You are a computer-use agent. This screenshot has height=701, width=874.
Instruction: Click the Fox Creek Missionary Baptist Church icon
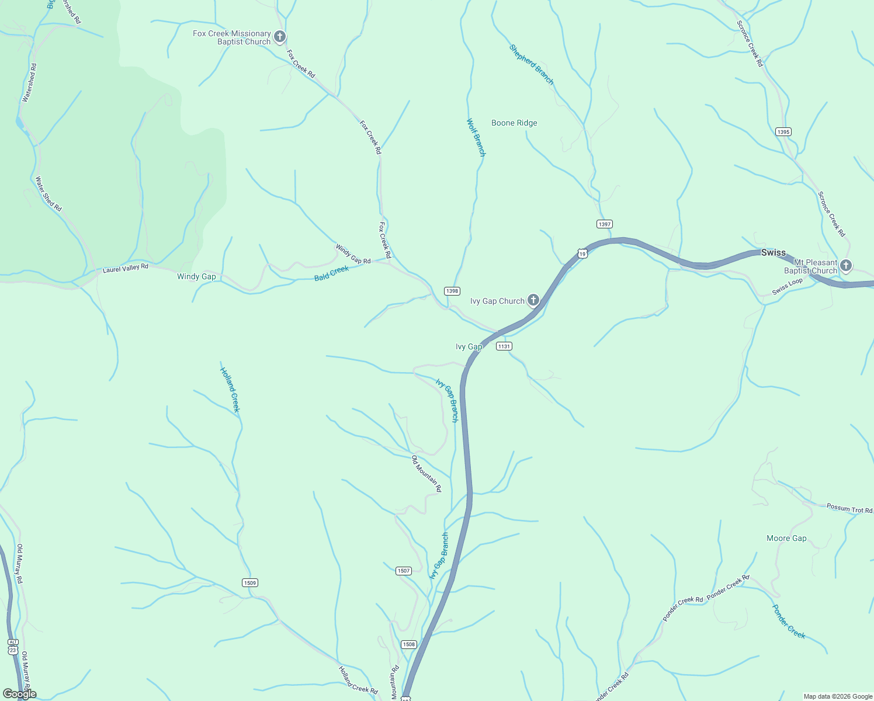[x=280, y=37]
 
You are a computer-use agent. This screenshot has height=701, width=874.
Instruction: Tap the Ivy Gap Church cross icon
[x=533, y=301]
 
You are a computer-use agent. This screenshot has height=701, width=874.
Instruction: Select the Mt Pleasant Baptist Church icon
[x=845, y=266]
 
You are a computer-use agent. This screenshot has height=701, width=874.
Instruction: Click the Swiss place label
[x=773, y=252]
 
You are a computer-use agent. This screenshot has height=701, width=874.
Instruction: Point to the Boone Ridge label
[x=514, y=123]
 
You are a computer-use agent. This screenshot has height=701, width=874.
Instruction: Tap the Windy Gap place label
[x=196, y=276]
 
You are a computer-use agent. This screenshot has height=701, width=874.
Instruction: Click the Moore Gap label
[x=786, y=538]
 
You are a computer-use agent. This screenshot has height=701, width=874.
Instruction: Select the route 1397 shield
[x=604, y=224]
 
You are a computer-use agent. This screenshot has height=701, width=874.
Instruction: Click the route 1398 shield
[x=452, y=291]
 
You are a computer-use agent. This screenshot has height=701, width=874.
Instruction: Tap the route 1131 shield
[x=504, y=346]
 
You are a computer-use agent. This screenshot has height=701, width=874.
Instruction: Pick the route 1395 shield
[x=783, y=132]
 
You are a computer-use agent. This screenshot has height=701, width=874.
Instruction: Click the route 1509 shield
[x=249, y=582]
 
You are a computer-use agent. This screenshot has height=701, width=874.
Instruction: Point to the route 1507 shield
[x=404, y=571]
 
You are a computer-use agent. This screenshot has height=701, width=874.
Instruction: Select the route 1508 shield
[x=408, y=644]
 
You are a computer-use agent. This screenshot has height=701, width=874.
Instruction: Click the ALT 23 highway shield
[x=13, y=646]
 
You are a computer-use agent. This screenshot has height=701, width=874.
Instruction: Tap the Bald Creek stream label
[x=331, y=273]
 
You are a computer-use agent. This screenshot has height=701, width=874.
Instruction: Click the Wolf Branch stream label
[x=476, y=137]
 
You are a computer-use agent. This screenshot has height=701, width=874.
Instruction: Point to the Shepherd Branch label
[x=531, y=64]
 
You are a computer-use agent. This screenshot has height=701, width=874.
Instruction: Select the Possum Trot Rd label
[x=849, y=508]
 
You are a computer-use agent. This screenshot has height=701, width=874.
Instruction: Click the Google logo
[x=19, y=694]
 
